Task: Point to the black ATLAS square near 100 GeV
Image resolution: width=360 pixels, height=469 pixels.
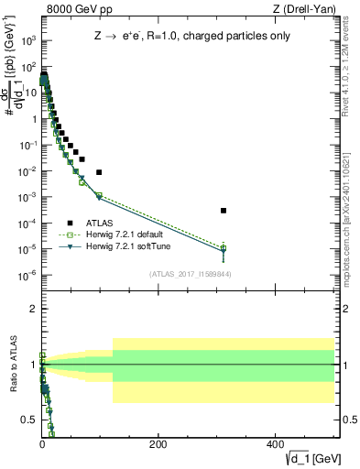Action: tap(99, 172)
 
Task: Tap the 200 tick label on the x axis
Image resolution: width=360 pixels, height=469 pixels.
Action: tap(158, 444)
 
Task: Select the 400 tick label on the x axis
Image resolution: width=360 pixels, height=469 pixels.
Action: tap(275, 444)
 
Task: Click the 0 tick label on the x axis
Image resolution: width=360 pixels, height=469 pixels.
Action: tap(42, 444)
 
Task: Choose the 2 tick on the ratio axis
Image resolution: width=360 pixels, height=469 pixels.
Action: tap(31, 309)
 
